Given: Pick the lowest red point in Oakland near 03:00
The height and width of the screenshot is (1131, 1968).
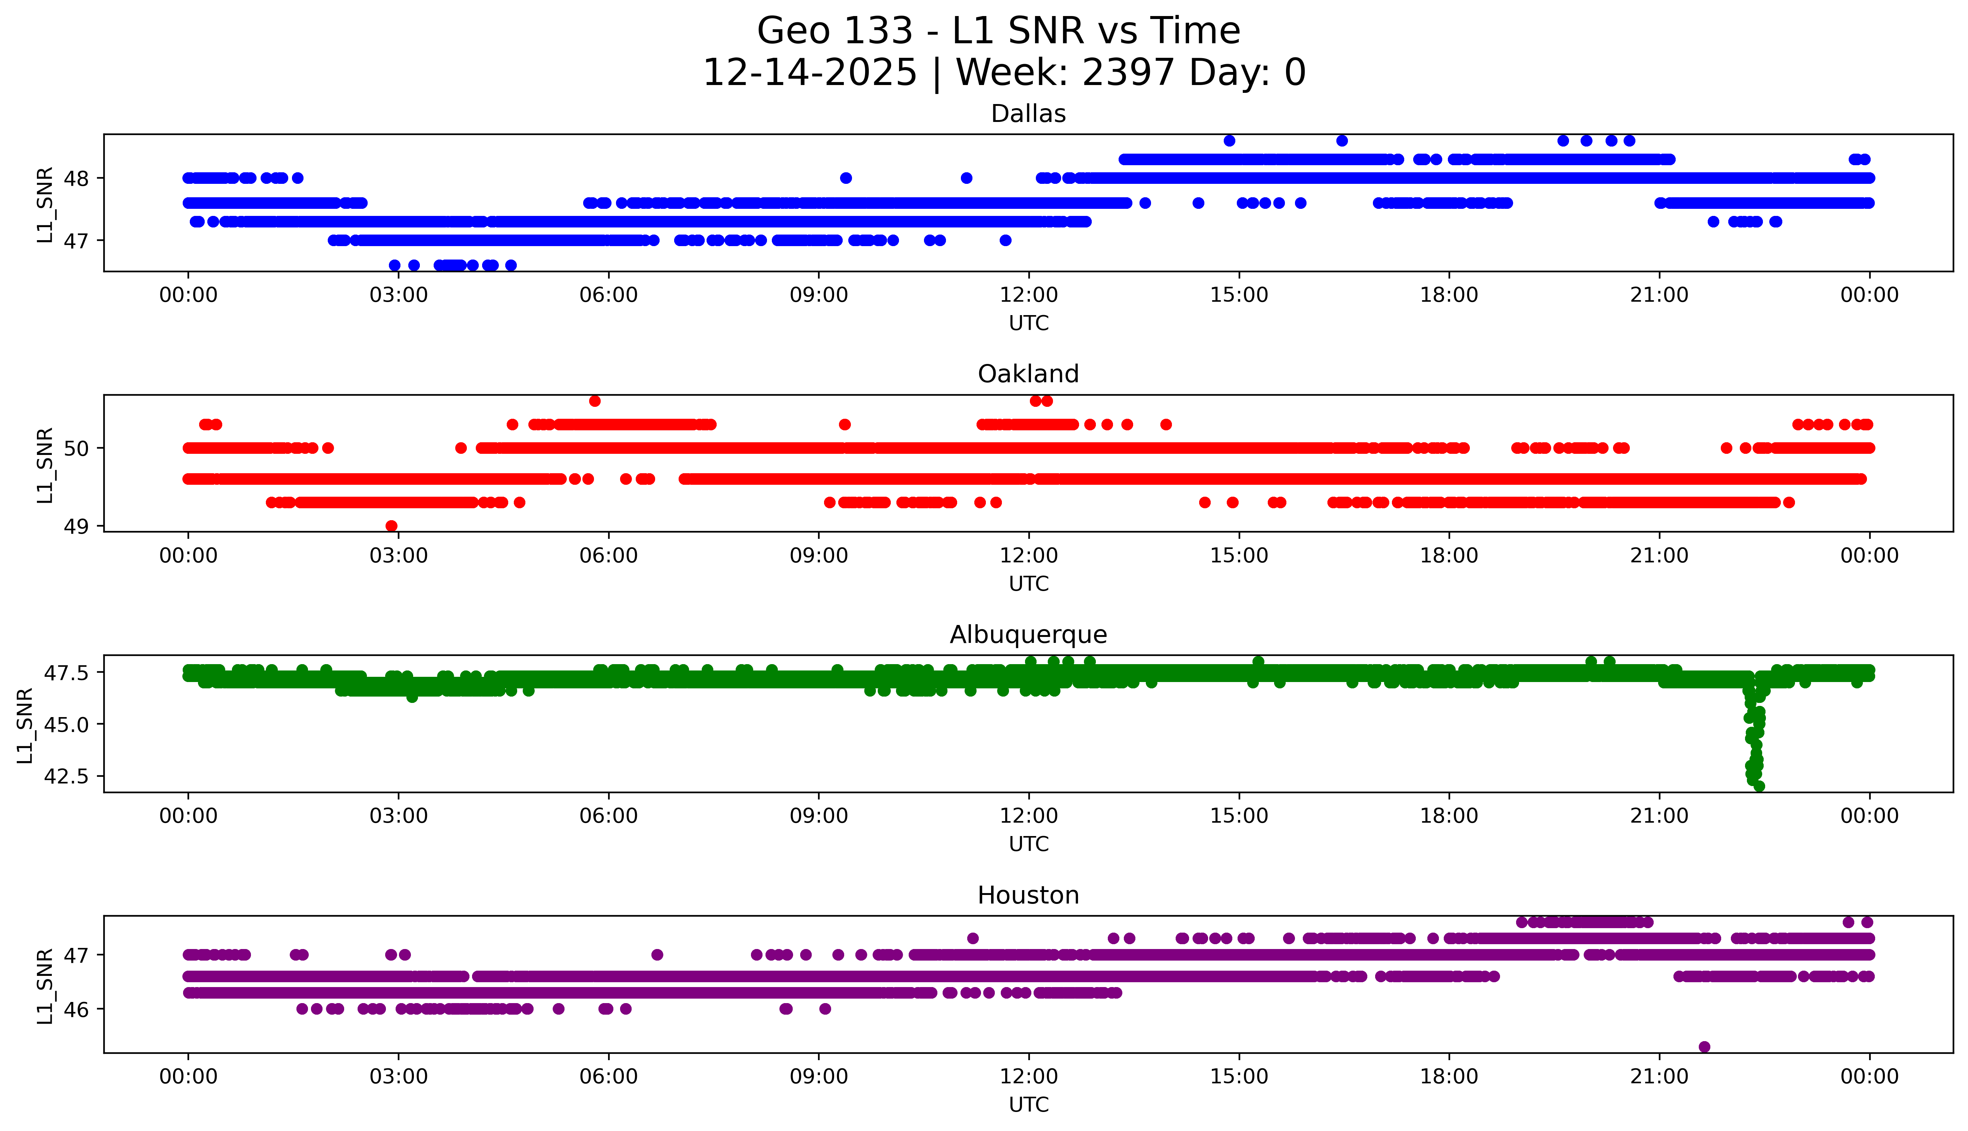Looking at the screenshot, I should (x=392, y=526).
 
